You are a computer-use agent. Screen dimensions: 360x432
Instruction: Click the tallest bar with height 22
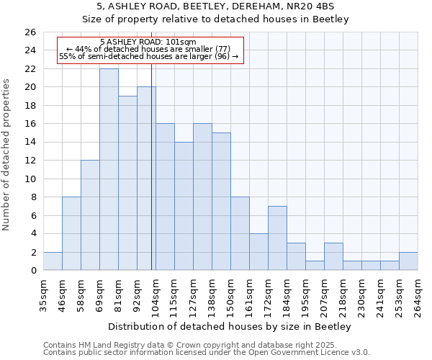[x=109, y=169]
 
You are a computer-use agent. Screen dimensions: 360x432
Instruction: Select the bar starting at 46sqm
[x=71, y=233]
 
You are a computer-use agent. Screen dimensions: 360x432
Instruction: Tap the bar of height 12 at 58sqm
[x=90, y=215]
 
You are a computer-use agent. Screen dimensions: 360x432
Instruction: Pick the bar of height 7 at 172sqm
[x=277, y=238]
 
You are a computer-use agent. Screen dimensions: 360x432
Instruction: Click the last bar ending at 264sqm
[x=408, y=261]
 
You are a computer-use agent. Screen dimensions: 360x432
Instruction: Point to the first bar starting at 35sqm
[x=53, y=261]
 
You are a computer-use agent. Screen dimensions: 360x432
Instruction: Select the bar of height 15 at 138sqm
[x=221, y=202]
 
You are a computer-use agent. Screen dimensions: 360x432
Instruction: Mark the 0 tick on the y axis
[x=33, y=271]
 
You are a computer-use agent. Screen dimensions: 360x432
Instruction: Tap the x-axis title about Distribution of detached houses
[x=230, y=327]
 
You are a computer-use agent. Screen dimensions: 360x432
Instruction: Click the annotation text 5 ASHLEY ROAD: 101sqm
[x=148, y=42]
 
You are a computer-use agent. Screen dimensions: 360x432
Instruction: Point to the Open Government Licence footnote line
[x=207, y=353]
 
